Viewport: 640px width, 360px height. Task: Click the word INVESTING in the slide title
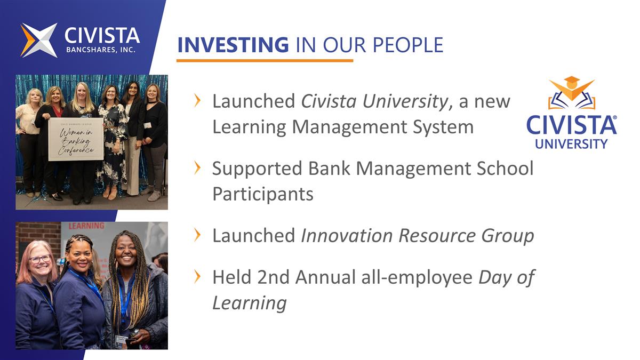(x=233, y=45)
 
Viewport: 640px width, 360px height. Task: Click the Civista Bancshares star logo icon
(x=39, y=40)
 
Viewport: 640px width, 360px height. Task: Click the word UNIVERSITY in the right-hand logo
(x=571, y=143)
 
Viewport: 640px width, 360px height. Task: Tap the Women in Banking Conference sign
(x=75, y=139)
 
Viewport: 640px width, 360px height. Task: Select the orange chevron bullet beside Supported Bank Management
(x=198, y=169)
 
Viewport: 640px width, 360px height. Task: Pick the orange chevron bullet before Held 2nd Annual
(x=198, y=277)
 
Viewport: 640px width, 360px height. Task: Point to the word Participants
(x=262, y=194)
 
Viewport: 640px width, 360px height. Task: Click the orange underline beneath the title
(x=265, y=61)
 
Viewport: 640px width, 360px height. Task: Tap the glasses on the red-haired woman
(x=41, y=259)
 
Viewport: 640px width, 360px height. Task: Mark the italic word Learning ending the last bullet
(x=249, y=302)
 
